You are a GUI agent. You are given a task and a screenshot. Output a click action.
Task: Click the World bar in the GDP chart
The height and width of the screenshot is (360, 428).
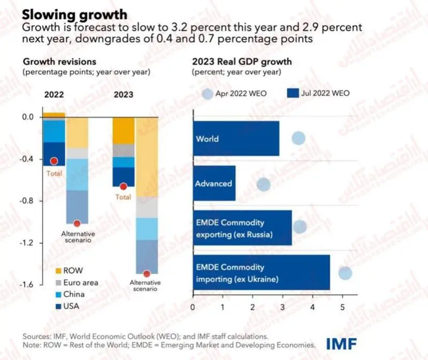(x=236, y=139)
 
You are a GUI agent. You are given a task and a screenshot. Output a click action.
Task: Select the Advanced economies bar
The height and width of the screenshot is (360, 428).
(x=215, y=183)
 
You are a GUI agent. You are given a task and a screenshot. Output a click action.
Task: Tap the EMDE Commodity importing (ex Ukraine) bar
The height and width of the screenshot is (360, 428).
(x=262, y=272)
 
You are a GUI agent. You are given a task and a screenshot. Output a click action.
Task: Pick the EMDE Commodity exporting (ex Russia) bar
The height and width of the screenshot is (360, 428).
(x=242, y=228)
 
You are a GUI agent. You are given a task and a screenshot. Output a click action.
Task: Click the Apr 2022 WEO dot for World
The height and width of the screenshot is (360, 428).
(x=299, y=138)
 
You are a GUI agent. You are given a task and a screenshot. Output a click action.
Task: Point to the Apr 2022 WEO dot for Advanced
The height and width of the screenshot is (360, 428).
(x=263, y=185)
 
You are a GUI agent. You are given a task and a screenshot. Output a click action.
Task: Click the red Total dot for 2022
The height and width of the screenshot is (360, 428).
(x=54, y=161)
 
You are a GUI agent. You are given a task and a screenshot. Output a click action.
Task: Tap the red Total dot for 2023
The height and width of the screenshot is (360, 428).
(x=124, y=186)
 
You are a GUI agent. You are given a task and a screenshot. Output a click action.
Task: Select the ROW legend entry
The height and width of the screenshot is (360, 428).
(x=69, y=271)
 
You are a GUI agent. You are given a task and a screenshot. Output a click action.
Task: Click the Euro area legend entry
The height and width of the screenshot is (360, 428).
(x=77, y=282)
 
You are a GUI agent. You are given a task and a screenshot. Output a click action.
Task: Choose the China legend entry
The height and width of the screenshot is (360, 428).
(x=70, y=294)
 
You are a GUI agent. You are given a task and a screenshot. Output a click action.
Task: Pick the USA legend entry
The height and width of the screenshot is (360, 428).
(x=67, y=306)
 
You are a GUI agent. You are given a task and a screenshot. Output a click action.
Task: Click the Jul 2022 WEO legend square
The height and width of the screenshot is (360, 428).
(x=293, y=93)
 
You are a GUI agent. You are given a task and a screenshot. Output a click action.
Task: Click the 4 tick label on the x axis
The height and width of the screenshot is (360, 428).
(x=312, y=308)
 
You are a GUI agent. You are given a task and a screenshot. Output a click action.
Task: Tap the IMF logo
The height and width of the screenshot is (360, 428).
(x=341, y=344)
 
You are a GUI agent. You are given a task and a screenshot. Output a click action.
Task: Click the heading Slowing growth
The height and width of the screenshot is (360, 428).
(x=74, y=14)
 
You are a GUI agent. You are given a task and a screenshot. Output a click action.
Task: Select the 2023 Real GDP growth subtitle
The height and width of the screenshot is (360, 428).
(x=242, y=62)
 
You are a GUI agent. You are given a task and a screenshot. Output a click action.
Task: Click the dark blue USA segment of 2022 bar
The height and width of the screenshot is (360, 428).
(x=54, y=154)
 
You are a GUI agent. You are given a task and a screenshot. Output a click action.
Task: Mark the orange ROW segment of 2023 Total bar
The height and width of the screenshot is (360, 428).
(x=124, y=131)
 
